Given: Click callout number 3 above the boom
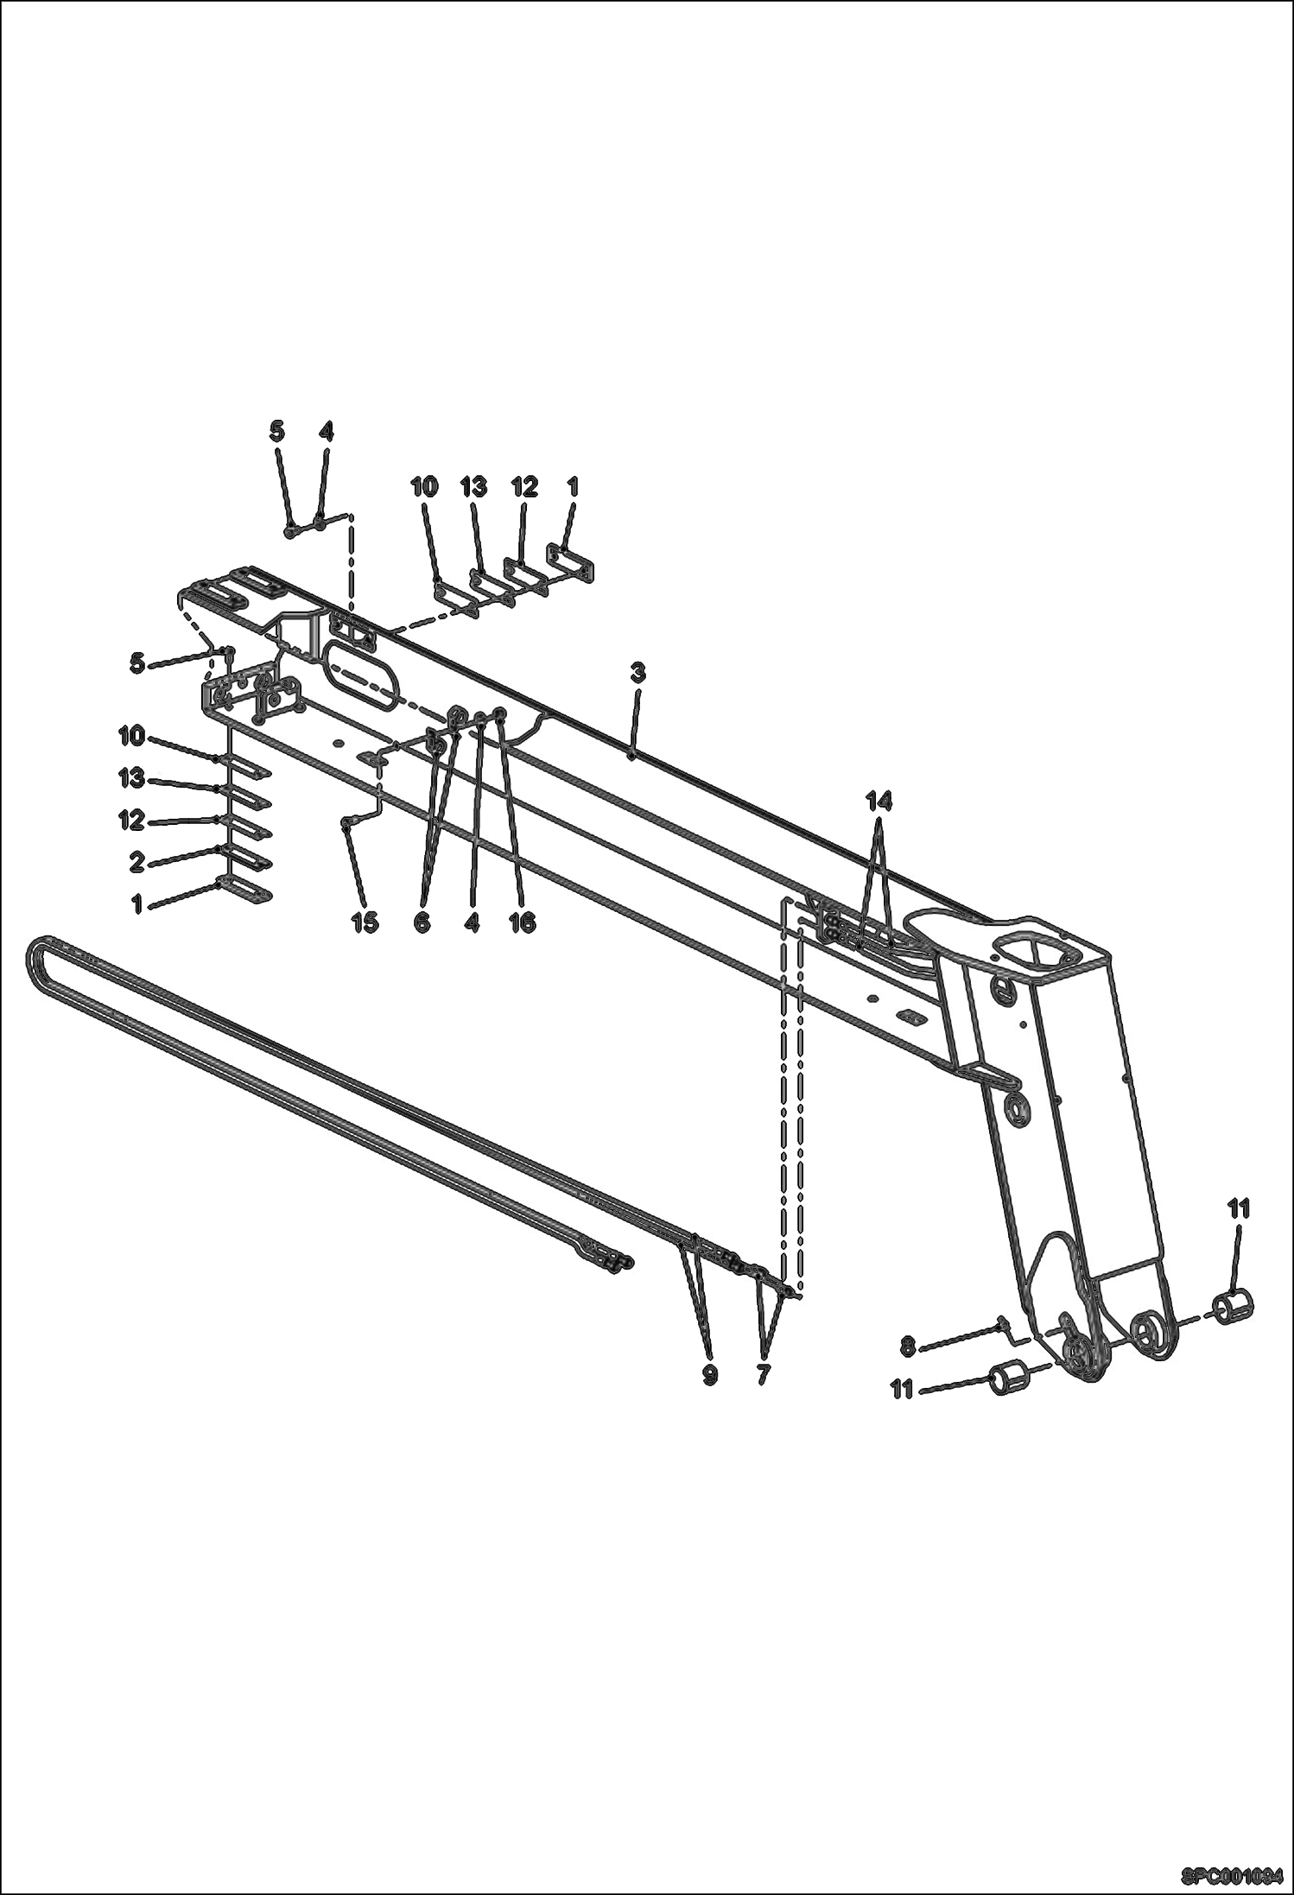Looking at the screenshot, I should point(637,672).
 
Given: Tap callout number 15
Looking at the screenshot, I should point(365,922).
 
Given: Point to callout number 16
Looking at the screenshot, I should point(522,922).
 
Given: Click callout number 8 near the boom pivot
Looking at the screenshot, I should point(908,1346).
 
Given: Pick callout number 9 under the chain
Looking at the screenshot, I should point(709,1374).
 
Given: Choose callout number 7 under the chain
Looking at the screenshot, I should point(763,1374).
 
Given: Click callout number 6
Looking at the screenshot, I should point(422,922).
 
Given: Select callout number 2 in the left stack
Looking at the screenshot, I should point(136,861).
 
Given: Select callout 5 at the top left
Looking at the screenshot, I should point(276,432).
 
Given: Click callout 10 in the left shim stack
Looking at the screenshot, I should point(131,736).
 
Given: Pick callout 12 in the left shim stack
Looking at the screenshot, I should point(131,820).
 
